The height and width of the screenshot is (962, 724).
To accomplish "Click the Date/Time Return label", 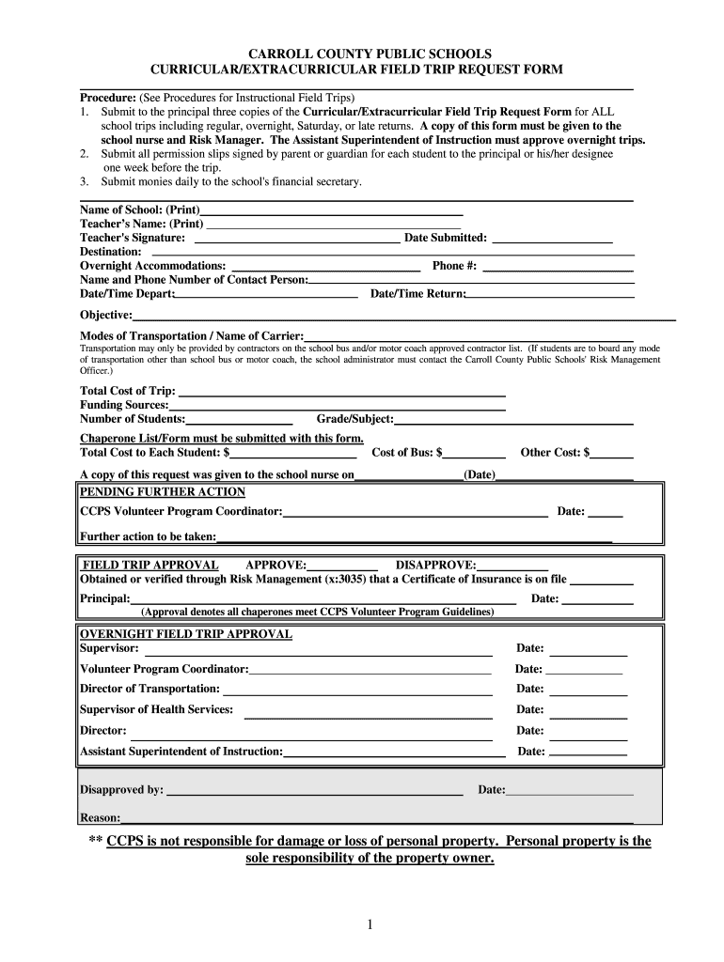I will point(417,294).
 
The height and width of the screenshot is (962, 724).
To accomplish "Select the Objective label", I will point(105,315).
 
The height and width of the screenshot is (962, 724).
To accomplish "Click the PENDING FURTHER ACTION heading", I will point(163,492).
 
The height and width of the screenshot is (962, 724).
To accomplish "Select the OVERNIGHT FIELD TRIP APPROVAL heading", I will point(186,634).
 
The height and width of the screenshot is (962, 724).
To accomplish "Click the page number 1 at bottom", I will point(370,925).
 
